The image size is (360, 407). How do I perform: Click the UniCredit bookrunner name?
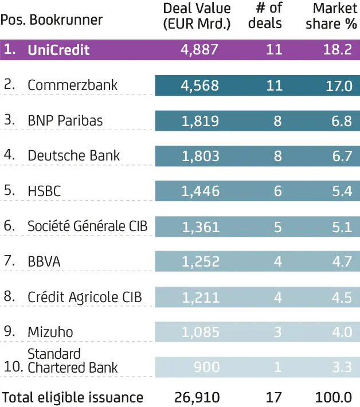click(x=58, y=50)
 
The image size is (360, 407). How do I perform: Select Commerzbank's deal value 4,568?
click(x=199, y=85)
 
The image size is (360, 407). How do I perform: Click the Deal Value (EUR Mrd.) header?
click(x=197, y=16)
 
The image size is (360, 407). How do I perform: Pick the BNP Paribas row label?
click(x=65, y=121)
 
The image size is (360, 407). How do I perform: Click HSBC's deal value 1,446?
click(x=200, y=191)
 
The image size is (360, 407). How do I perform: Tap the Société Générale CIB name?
click(x=87, y=226)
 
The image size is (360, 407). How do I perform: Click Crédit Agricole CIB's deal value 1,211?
click(x=200, y=297)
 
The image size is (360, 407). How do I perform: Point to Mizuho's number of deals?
click(x=277, y=332)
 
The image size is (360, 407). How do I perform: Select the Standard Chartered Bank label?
click(x=72, y=361)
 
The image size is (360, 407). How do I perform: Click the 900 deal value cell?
click(x=206, y=367)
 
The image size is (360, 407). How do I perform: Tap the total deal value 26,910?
click(x=197, y=397)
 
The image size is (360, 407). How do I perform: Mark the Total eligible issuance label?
click(x=72, y=397)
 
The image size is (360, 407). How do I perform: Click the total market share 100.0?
click(x=336, y=397)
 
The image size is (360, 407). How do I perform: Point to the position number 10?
click(x=11, y=367)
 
